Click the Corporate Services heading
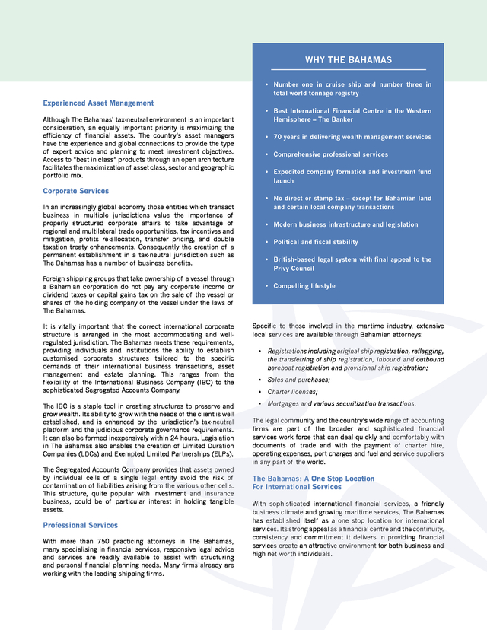click(x=75, y=191)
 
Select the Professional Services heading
click(x=80, y=525)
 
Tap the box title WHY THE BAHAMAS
click(x=349, y=60)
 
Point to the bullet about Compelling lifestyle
click(x=304, y=286)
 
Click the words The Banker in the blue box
click(x=336, y=119)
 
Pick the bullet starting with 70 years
click(x=352, y=137)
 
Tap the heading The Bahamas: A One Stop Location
click(x=313, y=479)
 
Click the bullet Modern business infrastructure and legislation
click(x=345, y=224)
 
